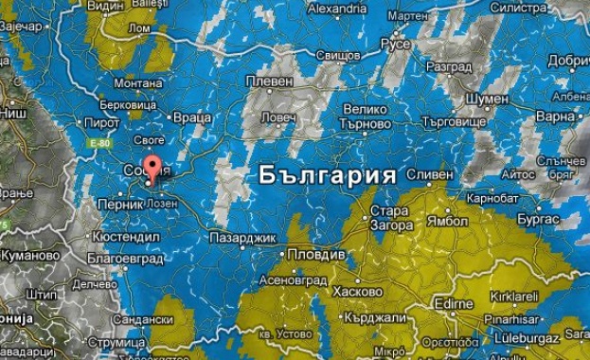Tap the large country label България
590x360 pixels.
point(327,176)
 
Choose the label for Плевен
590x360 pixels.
point(270,81)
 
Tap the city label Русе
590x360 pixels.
point(395,45)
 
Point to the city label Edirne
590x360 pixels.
point(454,303)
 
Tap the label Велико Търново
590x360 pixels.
point(367,117)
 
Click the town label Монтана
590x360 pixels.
point(138,83)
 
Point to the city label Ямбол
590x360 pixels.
point(448,222)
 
